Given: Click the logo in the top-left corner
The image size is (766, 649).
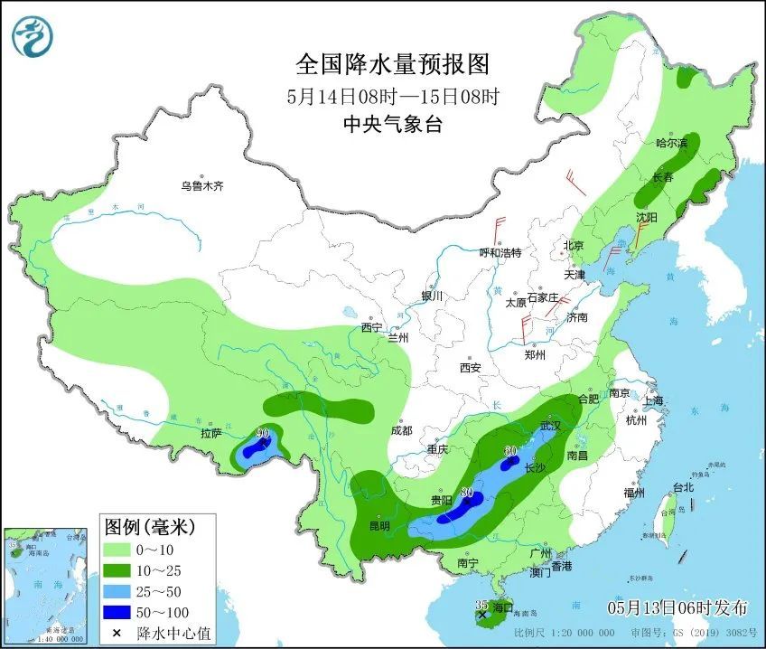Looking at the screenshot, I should pos(33,36).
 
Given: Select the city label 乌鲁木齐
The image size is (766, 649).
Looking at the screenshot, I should pos(201,186).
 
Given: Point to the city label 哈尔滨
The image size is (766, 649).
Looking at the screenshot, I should pos(671,143).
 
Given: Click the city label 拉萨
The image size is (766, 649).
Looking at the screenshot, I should pos(210,434).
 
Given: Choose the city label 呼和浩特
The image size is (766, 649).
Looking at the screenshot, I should pos(500,253).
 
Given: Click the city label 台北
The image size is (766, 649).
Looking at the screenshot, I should pos(683,487).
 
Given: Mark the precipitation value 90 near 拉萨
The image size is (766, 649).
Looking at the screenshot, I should pos(262,434).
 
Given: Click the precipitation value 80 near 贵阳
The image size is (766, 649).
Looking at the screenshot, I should pos(466,493).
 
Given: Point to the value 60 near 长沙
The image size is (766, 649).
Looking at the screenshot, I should pos(510,451).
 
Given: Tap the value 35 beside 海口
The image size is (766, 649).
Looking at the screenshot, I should pos(481,605).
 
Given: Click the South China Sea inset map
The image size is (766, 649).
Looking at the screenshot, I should pos(48,584).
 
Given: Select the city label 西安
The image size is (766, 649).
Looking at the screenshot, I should pos(471,368).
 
